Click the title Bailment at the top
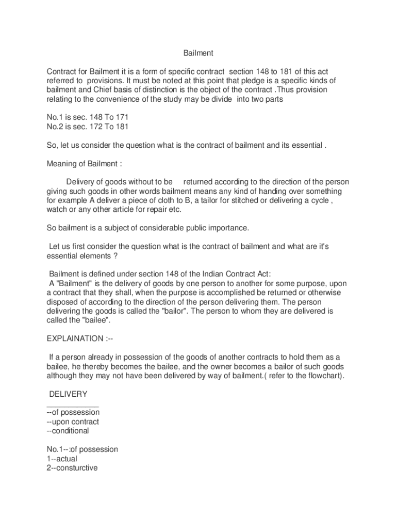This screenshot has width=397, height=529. [198, 53]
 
